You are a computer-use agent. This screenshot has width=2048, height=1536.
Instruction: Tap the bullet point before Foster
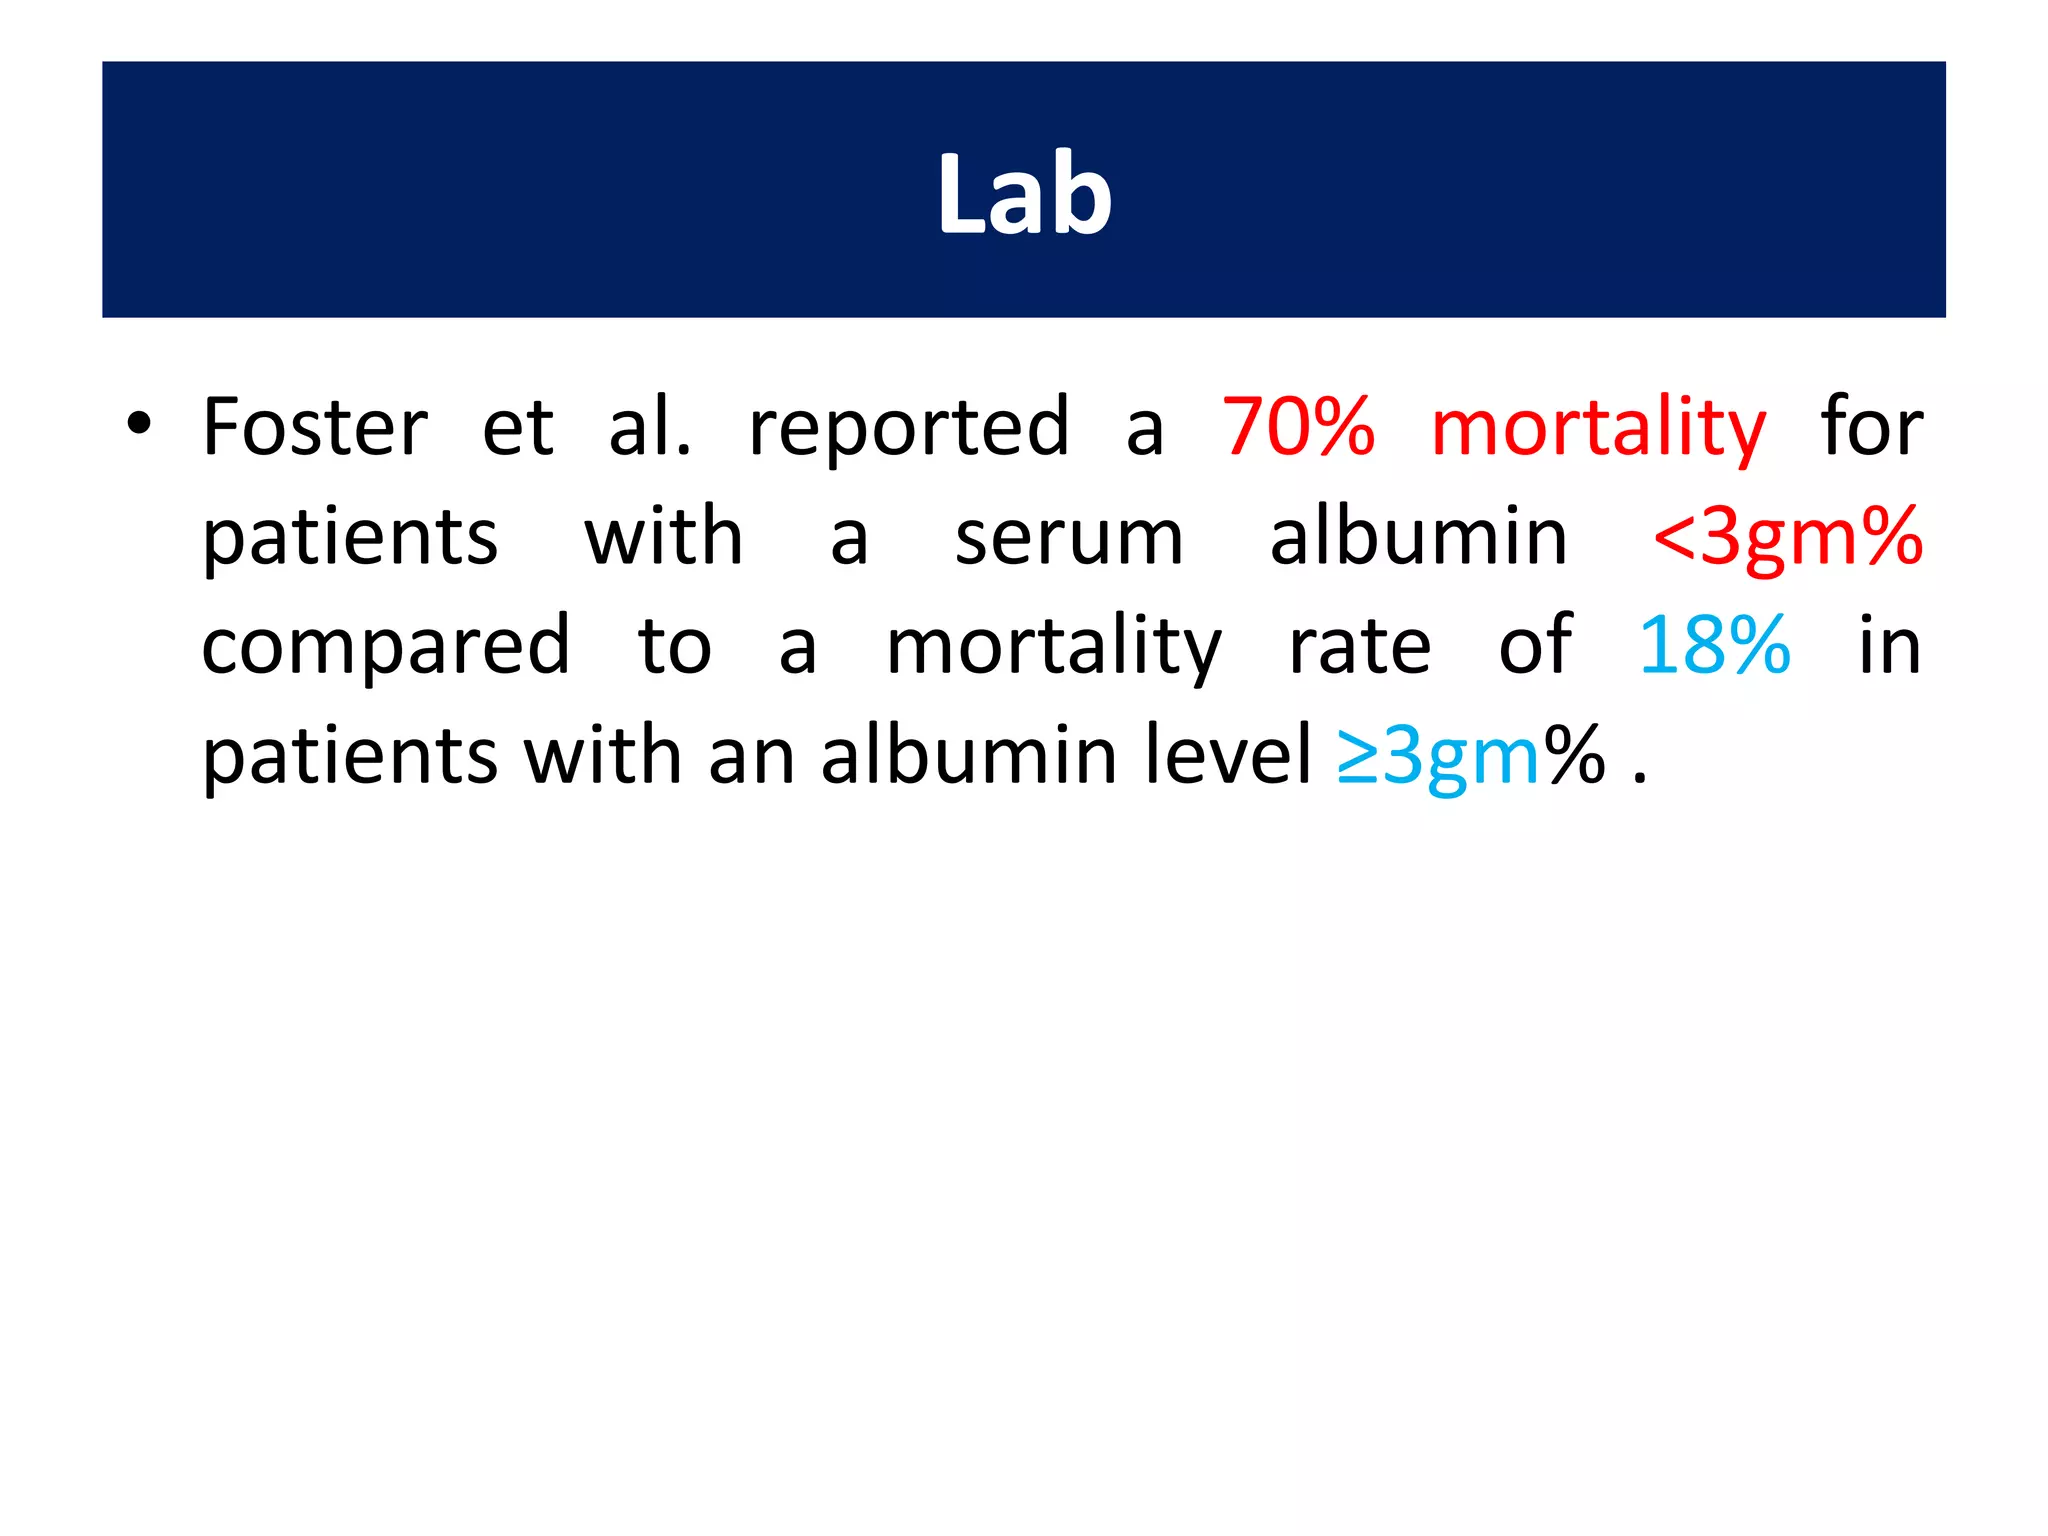tap(139, 424)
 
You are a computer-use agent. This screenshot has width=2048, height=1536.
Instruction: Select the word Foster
tap(315, 427)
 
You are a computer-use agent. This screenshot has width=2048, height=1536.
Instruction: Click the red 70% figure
tap(1299, 427)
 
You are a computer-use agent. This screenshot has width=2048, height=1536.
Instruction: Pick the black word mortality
tap(1054, 648)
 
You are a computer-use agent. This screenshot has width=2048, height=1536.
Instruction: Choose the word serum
tap(1069, 538)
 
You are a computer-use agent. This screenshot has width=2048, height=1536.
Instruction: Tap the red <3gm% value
tap(1788, 538)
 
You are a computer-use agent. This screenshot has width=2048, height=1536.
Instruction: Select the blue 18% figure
tap(1714, 646)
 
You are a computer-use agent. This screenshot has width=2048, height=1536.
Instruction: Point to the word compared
tap(386, 648)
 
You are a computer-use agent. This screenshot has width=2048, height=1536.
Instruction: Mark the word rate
tap(1360, 647)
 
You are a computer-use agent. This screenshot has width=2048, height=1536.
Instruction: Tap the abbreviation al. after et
tap(650, 427)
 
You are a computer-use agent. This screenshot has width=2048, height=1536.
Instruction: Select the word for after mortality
tap(1871, 427)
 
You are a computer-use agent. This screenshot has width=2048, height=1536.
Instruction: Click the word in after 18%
tap(1889, 646)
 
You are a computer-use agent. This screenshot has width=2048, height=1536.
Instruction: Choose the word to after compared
tap(675, 647)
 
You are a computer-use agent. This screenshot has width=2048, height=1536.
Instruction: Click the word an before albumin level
tap(751, 757)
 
